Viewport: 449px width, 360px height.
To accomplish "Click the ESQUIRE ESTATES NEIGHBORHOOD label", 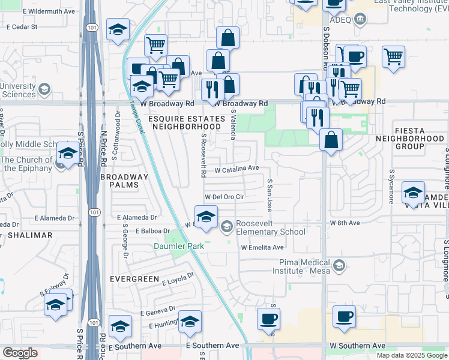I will click(185, 123).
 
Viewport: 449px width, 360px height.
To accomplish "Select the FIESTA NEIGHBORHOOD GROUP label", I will click(418, 142).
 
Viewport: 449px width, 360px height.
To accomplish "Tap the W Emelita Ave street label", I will click(262, 247).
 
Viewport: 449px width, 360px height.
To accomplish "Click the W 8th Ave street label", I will click(345, 223).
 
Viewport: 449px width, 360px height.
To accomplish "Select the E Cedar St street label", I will click(22, 27).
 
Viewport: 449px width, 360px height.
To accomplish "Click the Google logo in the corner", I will click(20, 353).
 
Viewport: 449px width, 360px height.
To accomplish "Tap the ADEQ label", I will click(340, 20).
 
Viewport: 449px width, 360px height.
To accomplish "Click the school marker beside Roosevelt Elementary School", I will click(206, 217).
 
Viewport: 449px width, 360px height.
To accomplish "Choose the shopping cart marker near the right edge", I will click(393, 57).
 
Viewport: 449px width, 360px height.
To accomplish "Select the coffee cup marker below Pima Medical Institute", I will click(344, 317).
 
